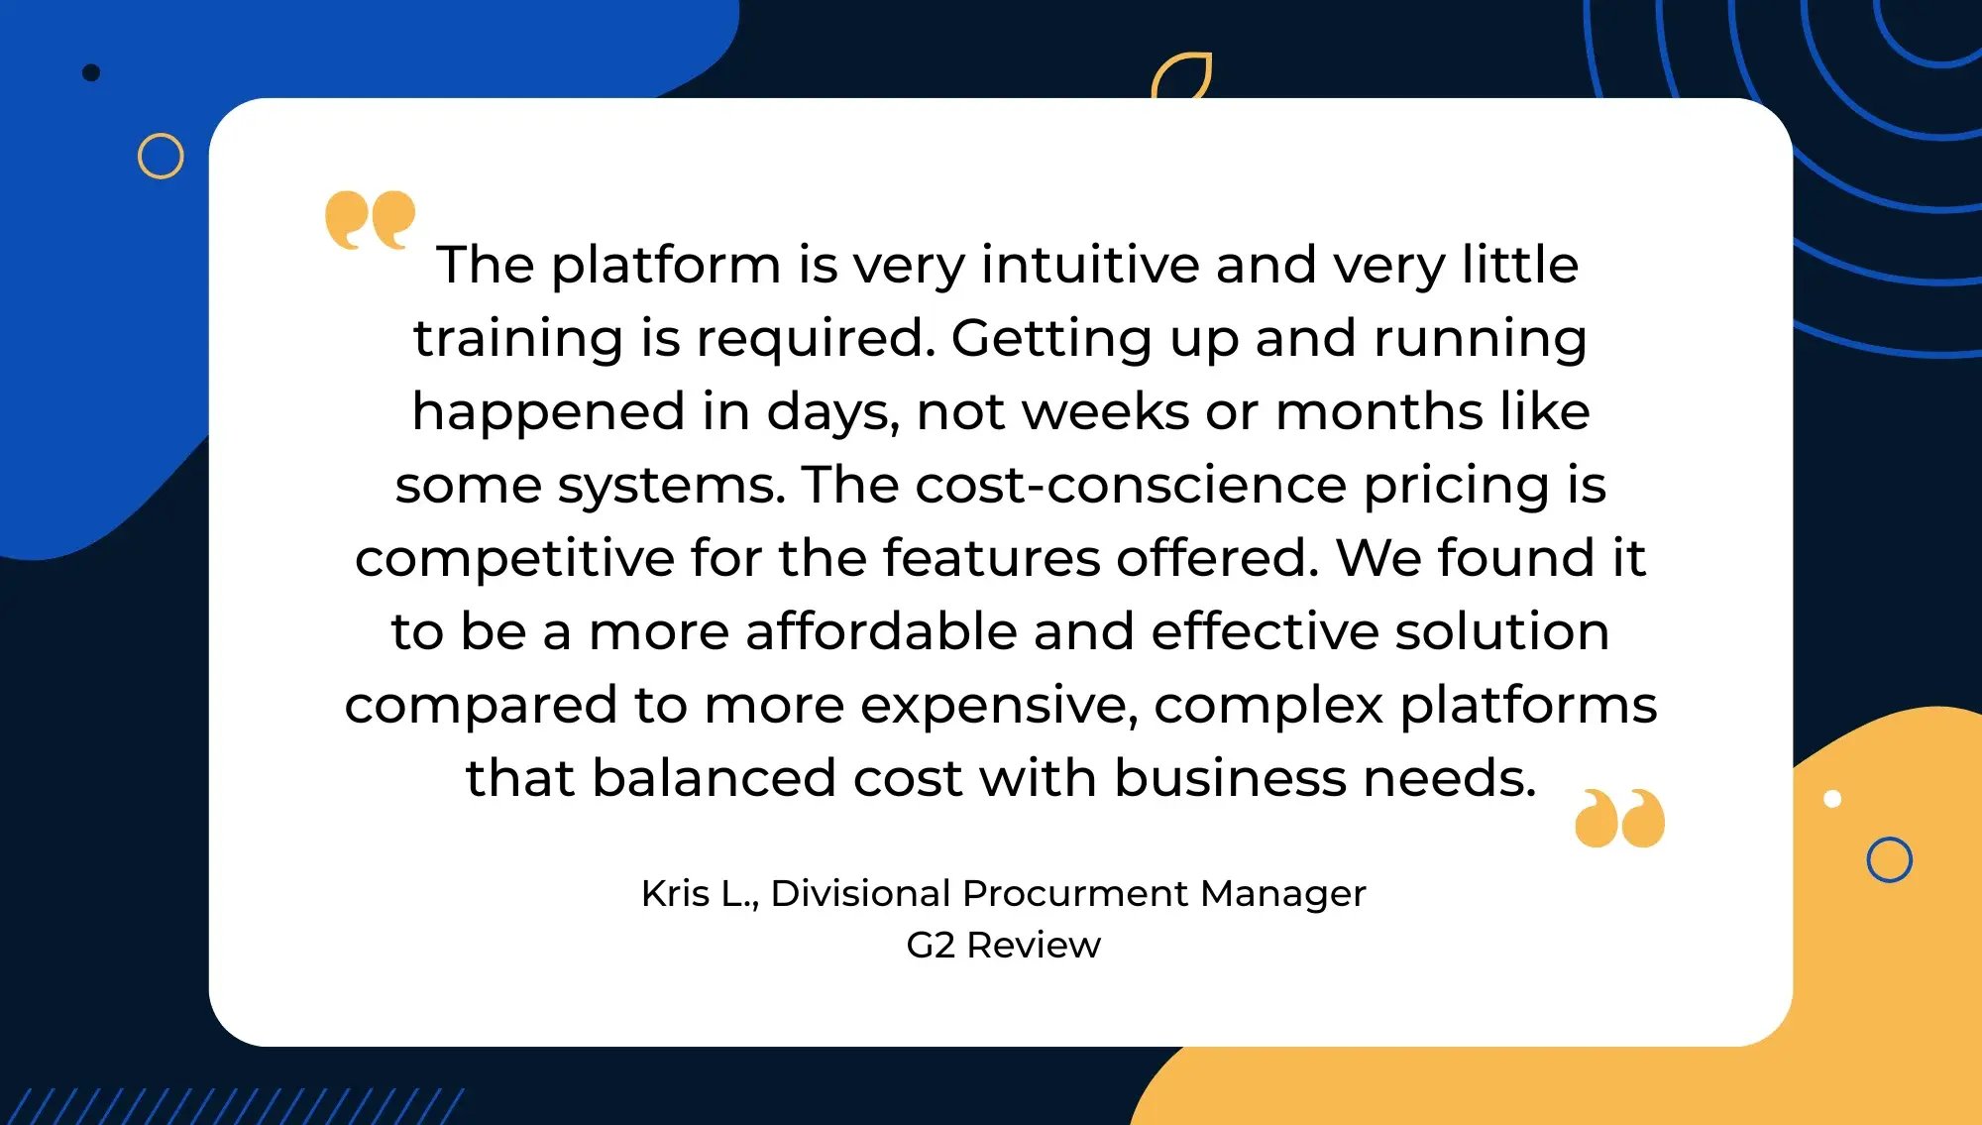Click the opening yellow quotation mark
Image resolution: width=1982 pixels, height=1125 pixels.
[x=371, y=219]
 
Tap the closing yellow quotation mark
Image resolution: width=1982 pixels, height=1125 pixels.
[x=1620, y=818]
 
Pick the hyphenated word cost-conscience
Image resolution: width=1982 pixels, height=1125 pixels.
[x=1131, y=485]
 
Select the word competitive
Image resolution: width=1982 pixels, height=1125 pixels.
[x=514, y=558]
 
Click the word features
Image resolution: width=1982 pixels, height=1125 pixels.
[x=991, y=558]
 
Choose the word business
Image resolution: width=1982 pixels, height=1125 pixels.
[x=1230, y=778]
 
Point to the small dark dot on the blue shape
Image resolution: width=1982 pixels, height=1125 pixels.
[x=91, y=72]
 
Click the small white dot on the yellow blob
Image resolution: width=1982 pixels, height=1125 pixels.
[x=1832, y=799]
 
